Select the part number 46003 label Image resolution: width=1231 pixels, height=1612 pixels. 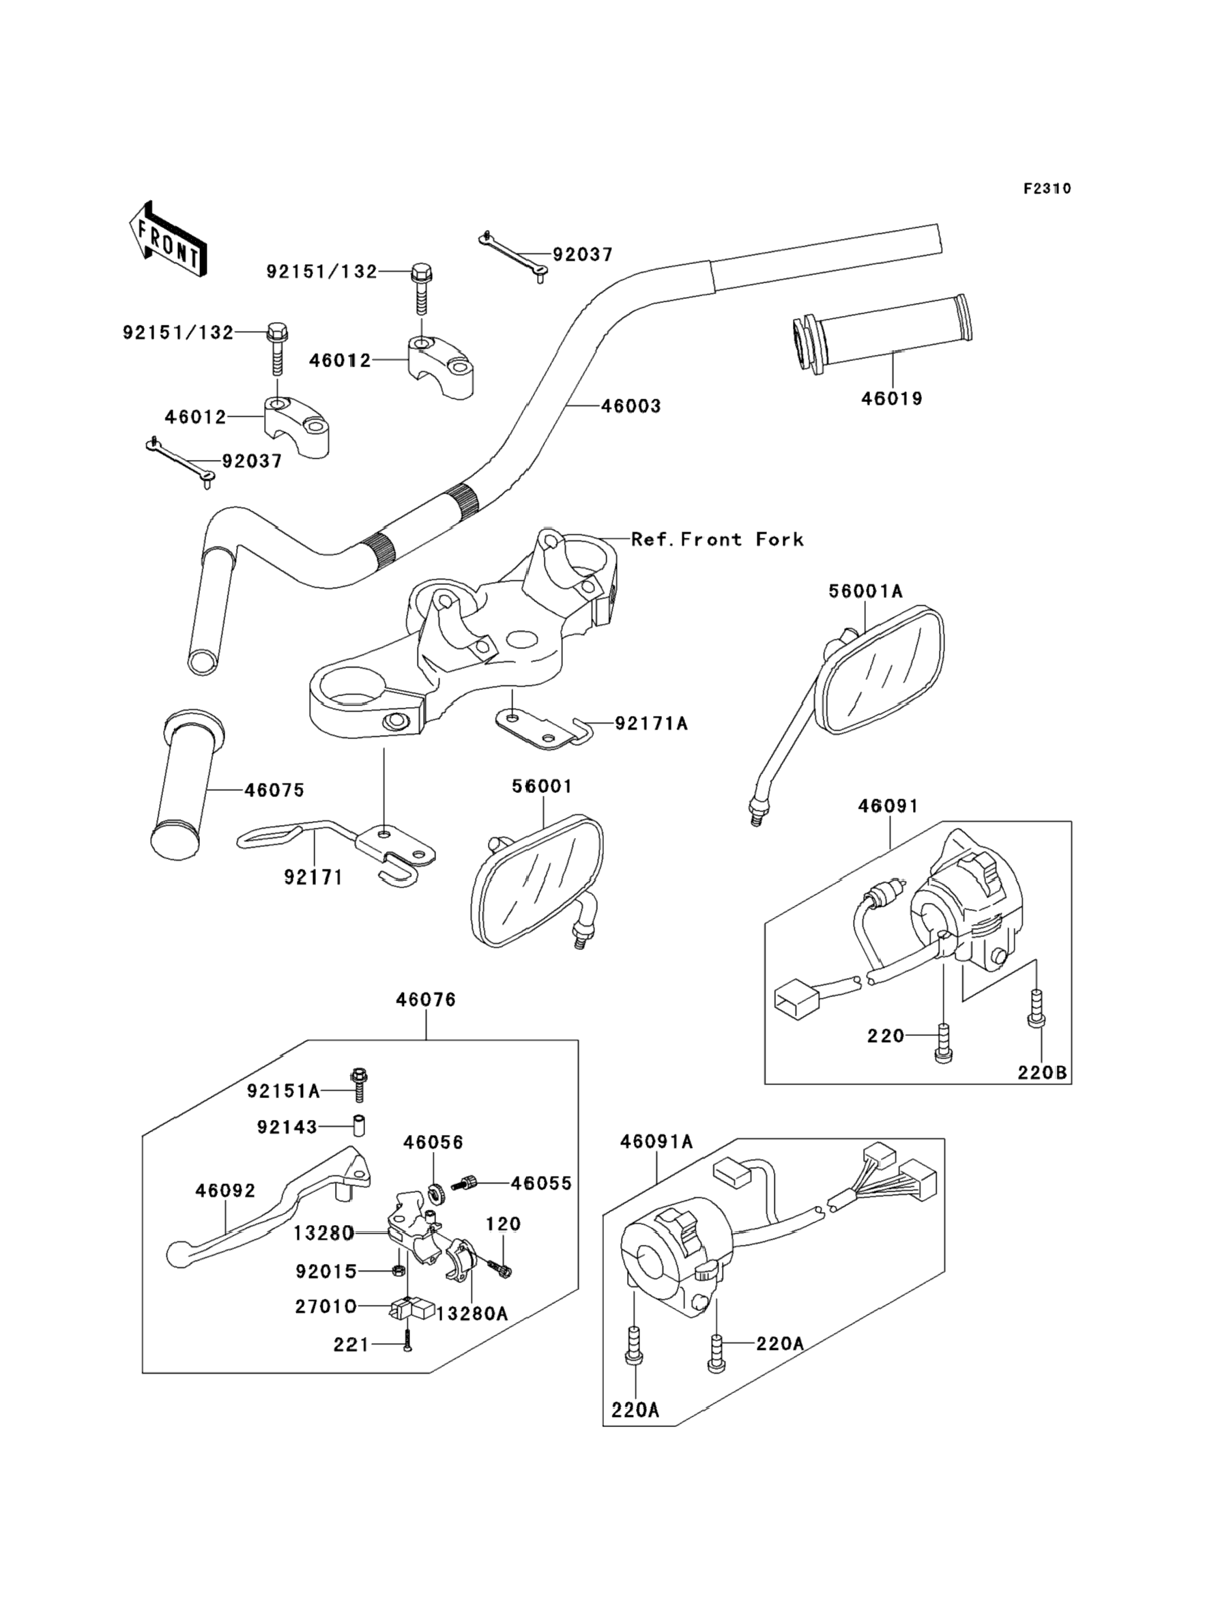631,406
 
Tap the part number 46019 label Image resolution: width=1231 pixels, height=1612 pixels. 891,399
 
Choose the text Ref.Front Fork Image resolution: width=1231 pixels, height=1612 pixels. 717,539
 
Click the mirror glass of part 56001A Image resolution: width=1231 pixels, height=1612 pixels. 882,669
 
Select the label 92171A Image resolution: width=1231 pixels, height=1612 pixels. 652,724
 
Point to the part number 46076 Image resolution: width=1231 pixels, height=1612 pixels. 426,999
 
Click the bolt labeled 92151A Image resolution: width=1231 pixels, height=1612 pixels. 358,1095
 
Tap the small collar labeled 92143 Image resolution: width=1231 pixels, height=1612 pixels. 359,1125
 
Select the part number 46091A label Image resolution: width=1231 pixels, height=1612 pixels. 656,1142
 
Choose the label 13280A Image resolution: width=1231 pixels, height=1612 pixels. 472,1313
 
